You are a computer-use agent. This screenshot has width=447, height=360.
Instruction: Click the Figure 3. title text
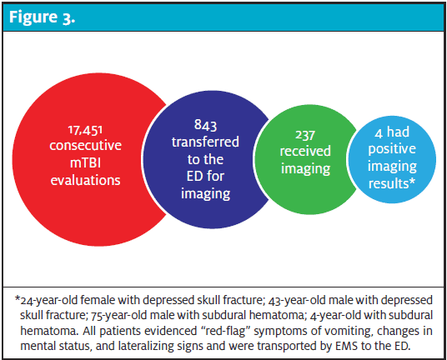(x=43, y=17)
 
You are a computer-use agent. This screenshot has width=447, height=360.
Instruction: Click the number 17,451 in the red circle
(x=85, y=130)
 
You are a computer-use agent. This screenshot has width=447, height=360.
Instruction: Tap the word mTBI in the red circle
(x=85, y=162)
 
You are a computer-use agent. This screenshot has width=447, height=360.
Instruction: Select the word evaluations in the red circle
(x=86, y=180)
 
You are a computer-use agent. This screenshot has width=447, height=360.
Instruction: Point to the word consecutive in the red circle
(x=86, y=146)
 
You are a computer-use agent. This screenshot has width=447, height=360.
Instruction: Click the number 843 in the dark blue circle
(x=205, y=125)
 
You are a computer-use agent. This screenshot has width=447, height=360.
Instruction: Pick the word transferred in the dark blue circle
(x=205, y=142)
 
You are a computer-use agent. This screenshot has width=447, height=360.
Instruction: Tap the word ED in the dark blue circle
(x=194, y=177)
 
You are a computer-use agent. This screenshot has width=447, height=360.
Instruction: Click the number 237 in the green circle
(x=305, y=135)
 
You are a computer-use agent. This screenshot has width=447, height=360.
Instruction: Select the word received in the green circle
(x=305, y=151)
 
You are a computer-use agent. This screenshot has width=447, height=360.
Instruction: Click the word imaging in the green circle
(x=305, y=169)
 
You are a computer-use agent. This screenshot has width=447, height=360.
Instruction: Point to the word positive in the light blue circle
(x=392, y=149)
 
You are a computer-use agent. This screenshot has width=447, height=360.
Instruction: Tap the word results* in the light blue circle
(x=392, y=183)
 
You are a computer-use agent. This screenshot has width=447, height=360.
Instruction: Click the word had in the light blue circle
(x=398, y=132)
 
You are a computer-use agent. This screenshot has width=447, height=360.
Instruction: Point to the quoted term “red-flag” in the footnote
(x=223, y=331)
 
